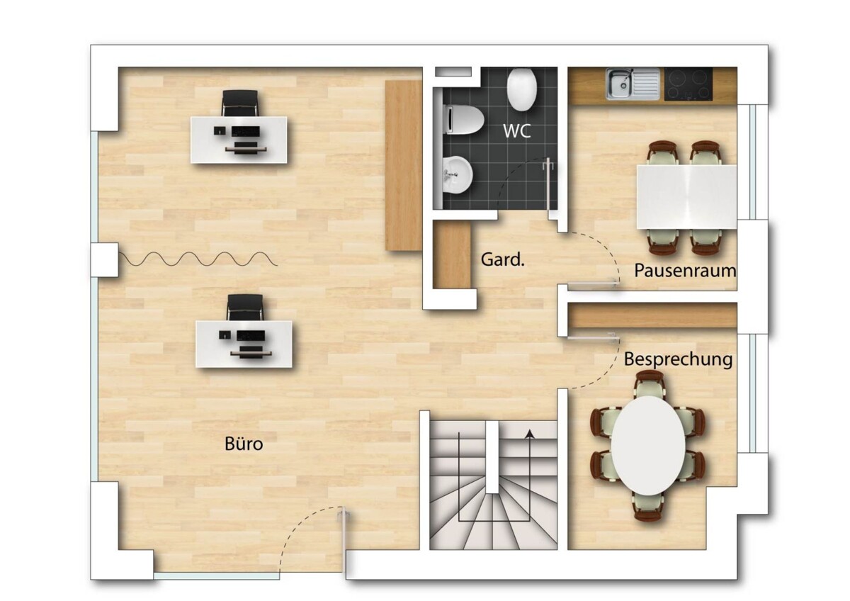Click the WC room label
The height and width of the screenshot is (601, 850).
516,130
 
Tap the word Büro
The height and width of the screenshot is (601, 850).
244,444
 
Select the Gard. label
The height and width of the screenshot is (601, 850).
503,259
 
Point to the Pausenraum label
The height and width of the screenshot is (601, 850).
686,271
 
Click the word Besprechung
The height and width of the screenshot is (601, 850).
678,359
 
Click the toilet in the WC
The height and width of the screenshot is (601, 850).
463,120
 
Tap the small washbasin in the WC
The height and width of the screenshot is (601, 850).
458,175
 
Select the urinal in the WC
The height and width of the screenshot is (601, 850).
522,90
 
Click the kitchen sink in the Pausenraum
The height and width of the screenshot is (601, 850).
633,84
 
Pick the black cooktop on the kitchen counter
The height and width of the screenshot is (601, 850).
688,84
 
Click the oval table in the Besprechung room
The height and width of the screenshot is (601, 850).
648,446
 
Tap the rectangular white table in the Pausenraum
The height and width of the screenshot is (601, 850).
686,197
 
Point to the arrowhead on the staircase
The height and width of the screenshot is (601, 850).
530,434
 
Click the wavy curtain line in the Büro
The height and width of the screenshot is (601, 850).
198,259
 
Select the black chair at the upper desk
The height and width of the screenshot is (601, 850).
239,103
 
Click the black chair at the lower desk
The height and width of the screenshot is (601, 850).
245,308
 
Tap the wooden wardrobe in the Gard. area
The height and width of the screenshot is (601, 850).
452,255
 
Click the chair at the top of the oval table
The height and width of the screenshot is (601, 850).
650,384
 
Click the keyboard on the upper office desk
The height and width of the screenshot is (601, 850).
246,132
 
